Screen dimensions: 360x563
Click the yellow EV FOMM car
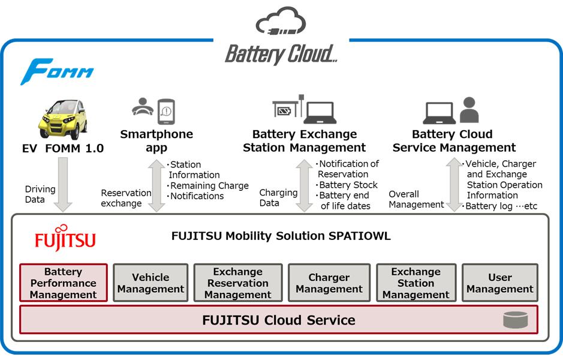[x=62, y=119]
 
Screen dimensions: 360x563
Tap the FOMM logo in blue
[x=57, y=71]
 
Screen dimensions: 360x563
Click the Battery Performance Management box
[x=64, y=283]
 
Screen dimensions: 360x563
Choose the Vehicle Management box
[x=150, y=283]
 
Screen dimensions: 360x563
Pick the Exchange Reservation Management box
[x=238, y=283]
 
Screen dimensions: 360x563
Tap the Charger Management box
[x=329, y=283]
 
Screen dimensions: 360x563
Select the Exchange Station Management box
[x=416, y=283]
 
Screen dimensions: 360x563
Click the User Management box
[x=499, y=283]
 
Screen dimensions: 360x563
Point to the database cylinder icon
[x=515, y=320]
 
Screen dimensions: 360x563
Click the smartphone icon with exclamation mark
[x=165, y=110]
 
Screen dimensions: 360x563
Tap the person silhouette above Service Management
[x=469, y=110]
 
